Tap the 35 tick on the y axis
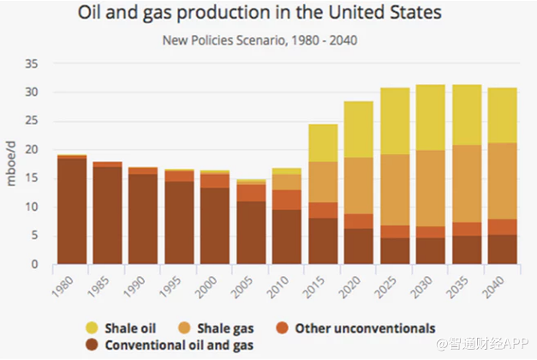[32, 63]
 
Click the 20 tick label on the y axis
[32, 150]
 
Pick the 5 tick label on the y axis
[35, 236]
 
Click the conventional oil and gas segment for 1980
[71, 211]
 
